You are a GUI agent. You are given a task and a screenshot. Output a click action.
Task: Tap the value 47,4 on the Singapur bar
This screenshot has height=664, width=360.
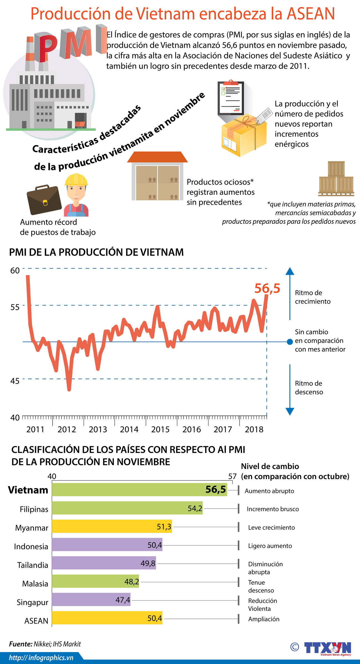[x=123, y=600]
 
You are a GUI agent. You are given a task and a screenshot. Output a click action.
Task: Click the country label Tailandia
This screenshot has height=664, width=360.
[x=33, y=565]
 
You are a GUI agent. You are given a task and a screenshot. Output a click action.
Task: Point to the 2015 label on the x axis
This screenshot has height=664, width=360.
[x=160, y=429]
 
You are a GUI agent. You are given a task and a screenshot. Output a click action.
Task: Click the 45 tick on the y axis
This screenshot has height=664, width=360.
[x=15, y=381]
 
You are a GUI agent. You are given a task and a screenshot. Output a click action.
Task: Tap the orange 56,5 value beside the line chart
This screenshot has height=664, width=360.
[x=267, y=288]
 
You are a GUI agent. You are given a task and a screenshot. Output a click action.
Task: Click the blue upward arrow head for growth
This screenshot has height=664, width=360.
[x=290, y=271]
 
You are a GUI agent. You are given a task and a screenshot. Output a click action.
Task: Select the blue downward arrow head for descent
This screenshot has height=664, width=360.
[x=290, y=411]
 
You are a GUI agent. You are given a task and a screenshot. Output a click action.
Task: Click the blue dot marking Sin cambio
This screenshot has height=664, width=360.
[x=290, y=342]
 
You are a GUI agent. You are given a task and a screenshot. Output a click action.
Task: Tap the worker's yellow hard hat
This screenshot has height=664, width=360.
[x=76, y=180]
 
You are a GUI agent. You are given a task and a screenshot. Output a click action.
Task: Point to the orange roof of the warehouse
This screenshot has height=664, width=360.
[x=157, y=157]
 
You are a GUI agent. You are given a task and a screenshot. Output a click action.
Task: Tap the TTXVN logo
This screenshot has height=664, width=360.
[x=328, y=649]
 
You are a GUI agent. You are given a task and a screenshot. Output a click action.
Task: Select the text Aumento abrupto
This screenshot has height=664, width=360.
[x=269, y=491]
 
